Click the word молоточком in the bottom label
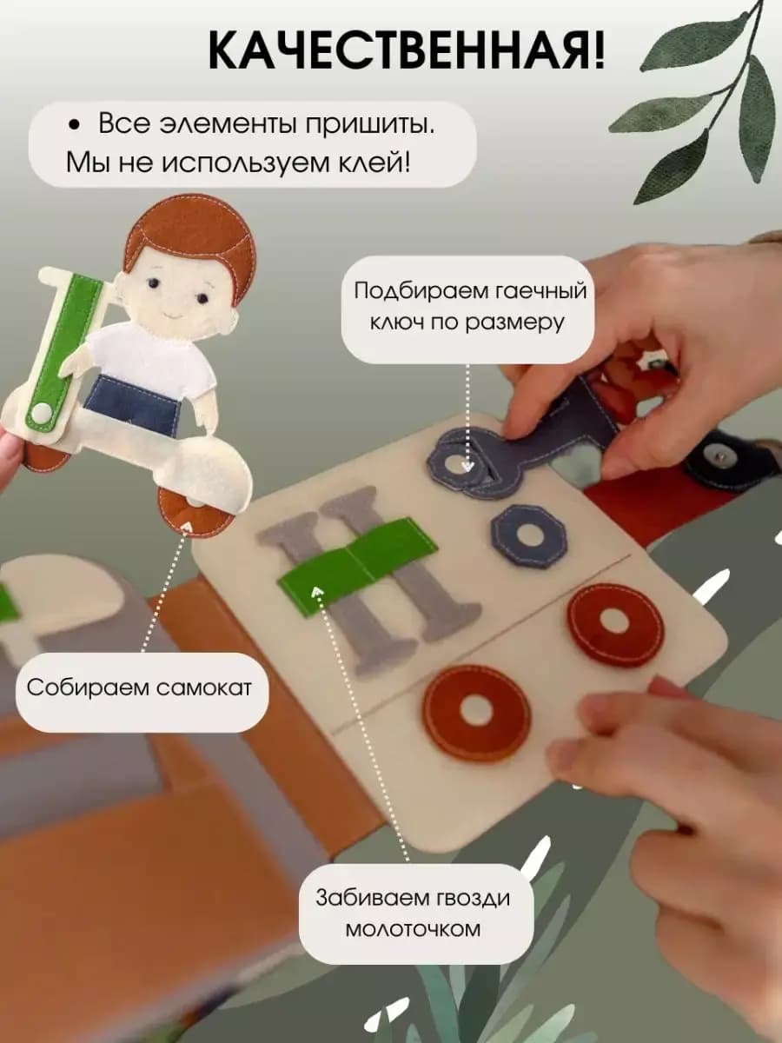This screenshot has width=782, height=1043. point(412,928)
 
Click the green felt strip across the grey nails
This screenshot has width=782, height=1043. point(356,565)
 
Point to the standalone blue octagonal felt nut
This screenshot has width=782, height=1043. point(527,535)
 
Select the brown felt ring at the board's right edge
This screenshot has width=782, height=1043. point(614,623)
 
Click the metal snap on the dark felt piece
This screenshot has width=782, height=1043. point(720,453)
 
